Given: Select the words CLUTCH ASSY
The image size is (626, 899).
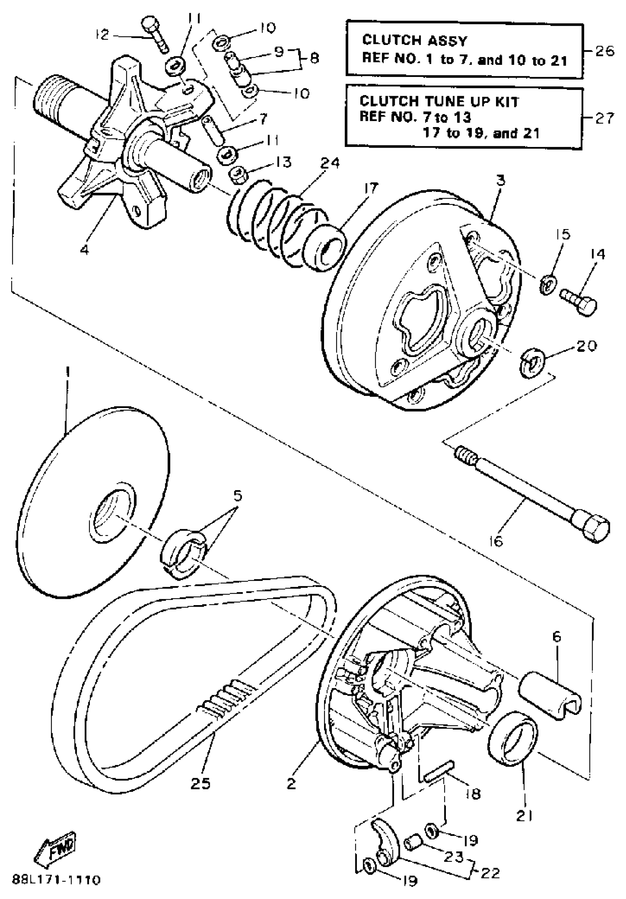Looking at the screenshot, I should (x=414, y=41).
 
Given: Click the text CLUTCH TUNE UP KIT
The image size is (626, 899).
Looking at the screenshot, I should (x=439, y=102).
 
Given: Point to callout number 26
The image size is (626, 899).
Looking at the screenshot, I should (x=605, y=51).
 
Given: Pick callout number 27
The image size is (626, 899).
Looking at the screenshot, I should (x=605, y=118).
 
